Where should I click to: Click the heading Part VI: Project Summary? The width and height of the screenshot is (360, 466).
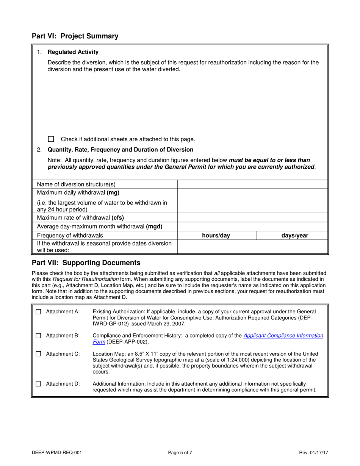(x=75, y=36)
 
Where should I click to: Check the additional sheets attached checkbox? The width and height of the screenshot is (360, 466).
(x=51, y=139)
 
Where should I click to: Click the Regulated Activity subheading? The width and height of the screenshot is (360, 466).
(x=73, y=52)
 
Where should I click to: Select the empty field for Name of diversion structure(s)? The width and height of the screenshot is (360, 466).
(x=252, y=185)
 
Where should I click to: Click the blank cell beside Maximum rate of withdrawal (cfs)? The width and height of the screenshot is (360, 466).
(x=252, y=218)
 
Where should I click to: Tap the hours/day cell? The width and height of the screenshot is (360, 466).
(x=216, y=236)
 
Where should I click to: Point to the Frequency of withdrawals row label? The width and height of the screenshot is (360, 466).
(x=70, y=236)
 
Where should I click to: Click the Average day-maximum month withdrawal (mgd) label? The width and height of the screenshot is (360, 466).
(x=100, y=227)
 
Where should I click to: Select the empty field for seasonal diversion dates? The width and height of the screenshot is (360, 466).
(x=252, y=247)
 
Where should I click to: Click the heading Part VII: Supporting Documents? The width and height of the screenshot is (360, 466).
(x=86, y=263)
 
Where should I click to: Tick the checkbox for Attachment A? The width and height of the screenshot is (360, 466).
(x=38, y=312)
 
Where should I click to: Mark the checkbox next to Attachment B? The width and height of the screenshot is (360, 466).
(x=38, y=336)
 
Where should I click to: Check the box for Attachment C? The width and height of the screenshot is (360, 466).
(x=38, y=354)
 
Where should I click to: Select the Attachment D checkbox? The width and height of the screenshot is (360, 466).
(x=38, y=384)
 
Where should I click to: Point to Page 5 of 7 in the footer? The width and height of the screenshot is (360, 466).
(x=180, y=452)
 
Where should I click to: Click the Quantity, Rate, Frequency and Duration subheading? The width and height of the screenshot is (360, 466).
(x=121, y=150)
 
